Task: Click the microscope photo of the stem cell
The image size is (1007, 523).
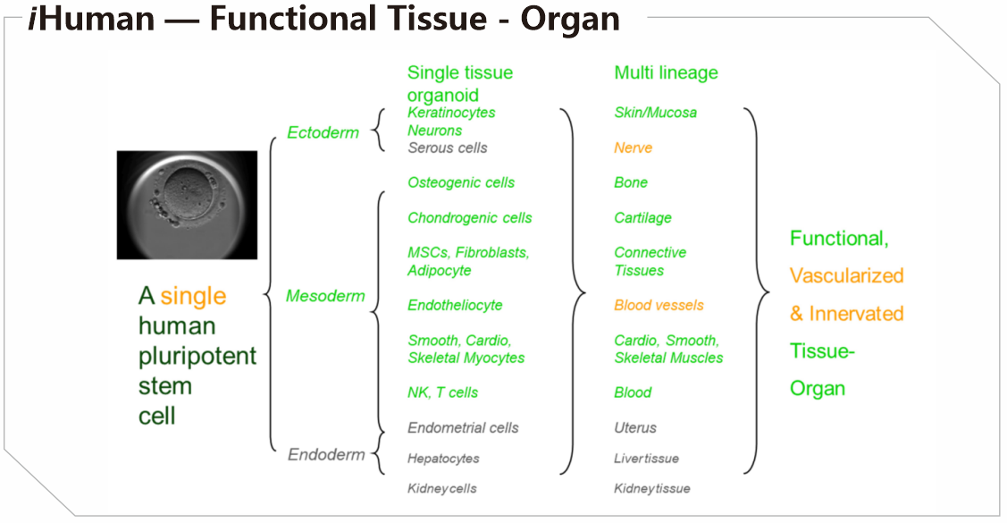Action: pos(187,205)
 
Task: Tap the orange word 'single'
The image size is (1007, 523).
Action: pos(193,297)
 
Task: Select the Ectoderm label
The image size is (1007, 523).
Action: pos(323,132)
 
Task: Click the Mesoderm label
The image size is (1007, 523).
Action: pos(325,296)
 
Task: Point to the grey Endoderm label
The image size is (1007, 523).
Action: pos(326,454)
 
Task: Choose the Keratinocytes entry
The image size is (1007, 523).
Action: pos(451,113)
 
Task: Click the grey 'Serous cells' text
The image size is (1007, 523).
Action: pos(448,148)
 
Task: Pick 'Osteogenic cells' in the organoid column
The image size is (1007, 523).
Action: pos(461,182)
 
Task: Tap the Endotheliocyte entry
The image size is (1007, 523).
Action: pos(456,305)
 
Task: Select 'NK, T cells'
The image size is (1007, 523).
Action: pos(443,392)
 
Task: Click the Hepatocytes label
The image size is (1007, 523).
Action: pos(444,459)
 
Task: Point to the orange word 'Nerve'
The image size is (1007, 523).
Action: pos(634,148)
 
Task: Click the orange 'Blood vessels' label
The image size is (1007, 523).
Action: pos(659,305)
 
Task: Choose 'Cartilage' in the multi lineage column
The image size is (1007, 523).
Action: pos(642,218)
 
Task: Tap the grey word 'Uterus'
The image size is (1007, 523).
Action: pos(635,428)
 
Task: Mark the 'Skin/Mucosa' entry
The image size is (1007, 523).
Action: pos(656,113)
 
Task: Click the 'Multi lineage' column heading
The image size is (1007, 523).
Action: pos(666,72)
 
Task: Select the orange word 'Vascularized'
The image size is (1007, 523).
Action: pos(846,275)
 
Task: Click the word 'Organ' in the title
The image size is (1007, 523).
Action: pos(570,20)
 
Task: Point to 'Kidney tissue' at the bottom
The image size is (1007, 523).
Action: pos(652,489)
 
